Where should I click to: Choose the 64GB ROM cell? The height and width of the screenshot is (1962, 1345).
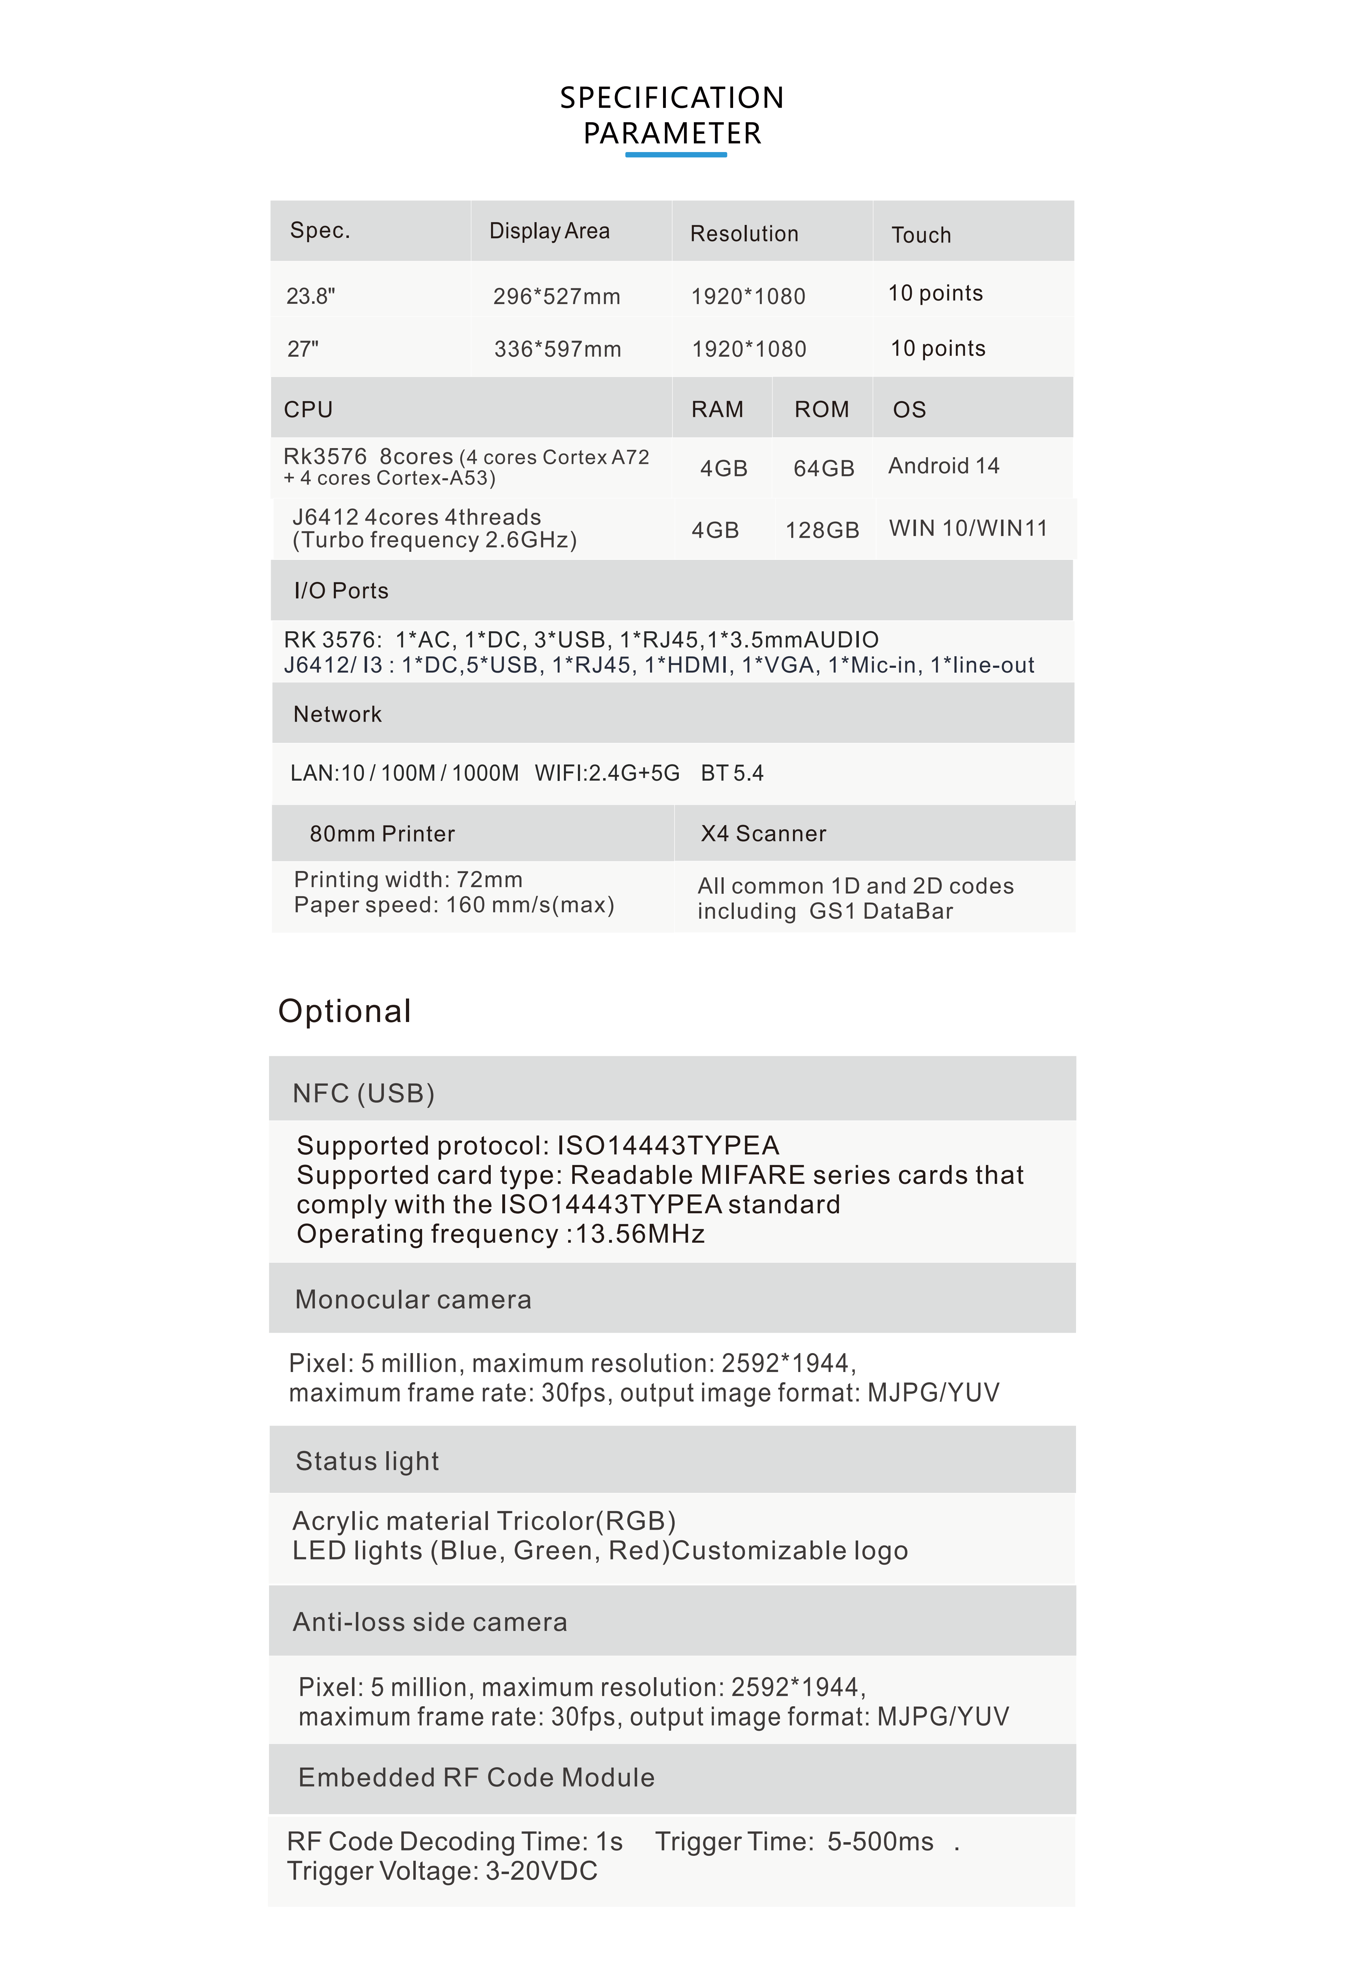click(x=823, y=468)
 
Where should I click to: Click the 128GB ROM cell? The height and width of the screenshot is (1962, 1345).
click(x=822, y=530)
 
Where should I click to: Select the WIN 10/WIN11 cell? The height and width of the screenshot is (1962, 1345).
click(x=968, y=528)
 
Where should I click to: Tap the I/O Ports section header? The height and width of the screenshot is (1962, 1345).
click(x=341, y=591)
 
